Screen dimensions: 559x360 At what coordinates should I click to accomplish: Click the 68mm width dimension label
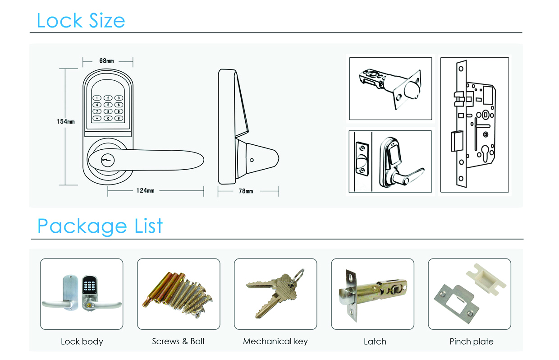[106, 60]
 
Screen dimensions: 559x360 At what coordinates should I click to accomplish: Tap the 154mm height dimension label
[66, 122]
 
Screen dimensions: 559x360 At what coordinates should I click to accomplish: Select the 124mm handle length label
[145, 191]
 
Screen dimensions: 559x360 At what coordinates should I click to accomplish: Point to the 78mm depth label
[246, 191]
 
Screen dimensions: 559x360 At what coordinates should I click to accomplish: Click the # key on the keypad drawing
[119, 118]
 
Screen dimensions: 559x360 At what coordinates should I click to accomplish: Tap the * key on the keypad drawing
[97, 118]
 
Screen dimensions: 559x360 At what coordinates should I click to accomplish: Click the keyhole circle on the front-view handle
[108, 160]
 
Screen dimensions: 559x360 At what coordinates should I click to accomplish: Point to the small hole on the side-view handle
[252, 160]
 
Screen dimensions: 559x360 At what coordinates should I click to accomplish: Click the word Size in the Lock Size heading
[107, 20]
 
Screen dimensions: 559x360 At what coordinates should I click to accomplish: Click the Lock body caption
[82, 342]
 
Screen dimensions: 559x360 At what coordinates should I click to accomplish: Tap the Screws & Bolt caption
[179, 341]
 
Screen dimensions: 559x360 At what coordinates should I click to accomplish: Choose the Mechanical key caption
[275, 342]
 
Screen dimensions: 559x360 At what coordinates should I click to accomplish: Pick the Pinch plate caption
[472, 342]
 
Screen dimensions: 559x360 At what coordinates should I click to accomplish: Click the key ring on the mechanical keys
[299, 274]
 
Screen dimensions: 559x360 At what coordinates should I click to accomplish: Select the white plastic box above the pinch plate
[486, 279]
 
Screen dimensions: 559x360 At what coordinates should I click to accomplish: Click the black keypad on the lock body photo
[90, 284]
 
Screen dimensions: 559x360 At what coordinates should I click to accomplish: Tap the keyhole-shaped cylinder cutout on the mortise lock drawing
[486, 153]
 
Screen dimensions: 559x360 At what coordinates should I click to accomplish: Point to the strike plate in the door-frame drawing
[362, 159]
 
